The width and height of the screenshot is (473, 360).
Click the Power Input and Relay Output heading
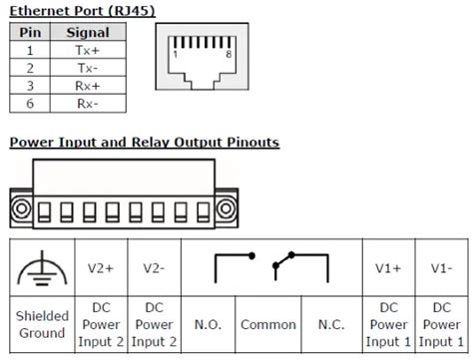(144, 143)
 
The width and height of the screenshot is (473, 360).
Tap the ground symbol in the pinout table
(42, 266)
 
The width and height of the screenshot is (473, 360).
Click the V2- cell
(153, 267)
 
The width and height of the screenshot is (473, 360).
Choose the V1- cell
(440, 267)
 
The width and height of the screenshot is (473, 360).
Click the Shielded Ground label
(42, 325)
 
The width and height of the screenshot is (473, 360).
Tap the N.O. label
(209, 325)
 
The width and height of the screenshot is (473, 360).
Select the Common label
(268, 325)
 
